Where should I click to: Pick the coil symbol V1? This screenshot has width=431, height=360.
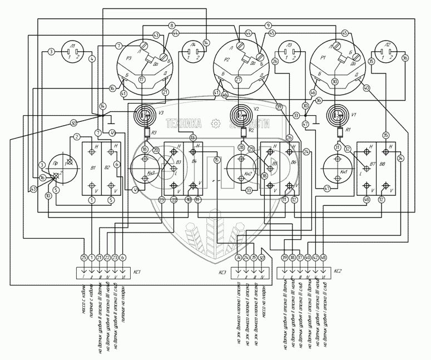[337, 115]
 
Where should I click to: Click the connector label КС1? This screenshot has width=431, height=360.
[136, 273]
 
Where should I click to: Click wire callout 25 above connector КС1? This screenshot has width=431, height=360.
[84, 257]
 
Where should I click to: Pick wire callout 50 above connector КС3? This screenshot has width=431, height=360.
[261, 257]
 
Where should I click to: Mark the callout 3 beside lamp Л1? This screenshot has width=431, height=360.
[51, 52]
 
